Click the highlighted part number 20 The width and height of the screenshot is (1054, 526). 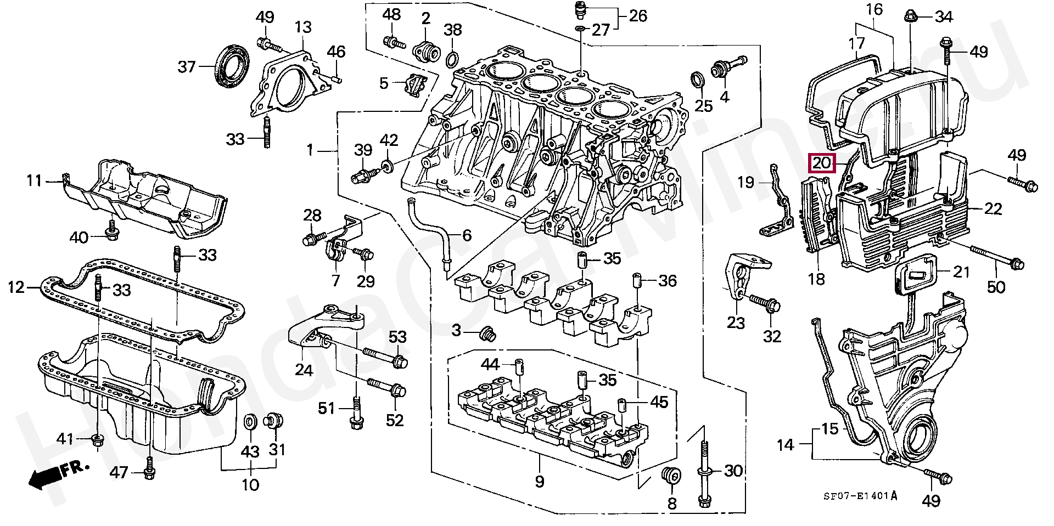[822, 163]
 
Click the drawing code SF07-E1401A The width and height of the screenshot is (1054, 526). [860, 496]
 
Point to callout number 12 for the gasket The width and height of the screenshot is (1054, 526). [16, 286]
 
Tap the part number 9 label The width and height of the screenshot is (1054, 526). [539, 482]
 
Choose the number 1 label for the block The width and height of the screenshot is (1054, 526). [310, 150]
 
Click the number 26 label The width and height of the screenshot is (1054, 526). [638, 15]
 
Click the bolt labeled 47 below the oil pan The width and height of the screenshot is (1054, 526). [148, 472]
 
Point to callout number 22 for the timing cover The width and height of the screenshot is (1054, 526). [993, 208]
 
